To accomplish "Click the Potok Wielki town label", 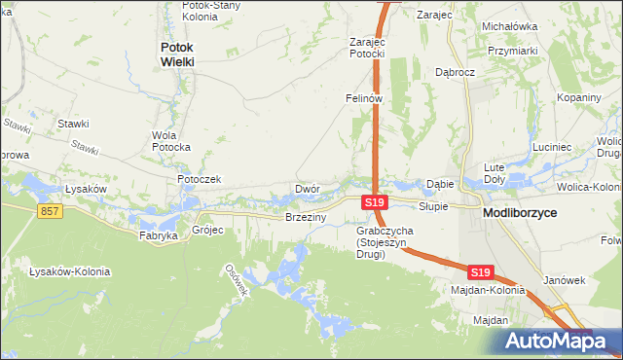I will [x=177, y=54].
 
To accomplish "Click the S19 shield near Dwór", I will [x=375, y=202].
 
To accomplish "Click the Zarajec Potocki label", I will [x=368, y=48].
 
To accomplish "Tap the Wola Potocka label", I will [x=170, y=141].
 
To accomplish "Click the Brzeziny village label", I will [x=305, y=218].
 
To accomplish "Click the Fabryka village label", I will [x=158, y=235].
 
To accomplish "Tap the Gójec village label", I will [x=208, y=231].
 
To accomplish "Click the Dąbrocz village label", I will [x=455, y=72].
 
